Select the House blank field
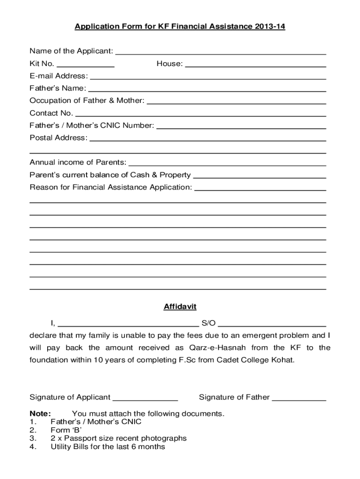[255, 65]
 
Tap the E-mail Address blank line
[208, 77]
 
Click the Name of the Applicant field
[220, 52]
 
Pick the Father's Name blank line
[207, 89]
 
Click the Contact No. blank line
[200, 114]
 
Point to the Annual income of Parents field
[227, 163]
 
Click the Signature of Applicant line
[145, 398]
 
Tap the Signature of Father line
[299, 398]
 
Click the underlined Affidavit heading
[180, 307]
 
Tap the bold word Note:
[40, 414]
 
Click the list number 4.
[32, 447]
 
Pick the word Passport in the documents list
[79, 438]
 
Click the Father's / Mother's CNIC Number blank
[241, 126]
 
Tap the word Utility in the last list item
[61, 447]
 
